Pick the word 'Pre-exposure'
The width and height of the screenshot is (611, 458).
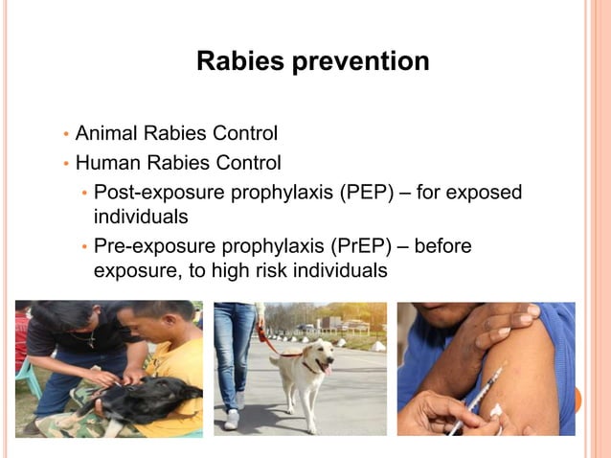[x=152, y=246]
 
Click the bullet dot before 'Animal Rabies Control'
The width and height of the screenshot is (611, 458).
[x=65, y=133]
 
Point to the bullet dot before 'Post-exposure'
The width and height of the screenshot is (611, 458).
[x=84, y=193]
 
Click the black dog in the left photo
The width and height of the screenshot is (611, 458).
[x=144, y=398]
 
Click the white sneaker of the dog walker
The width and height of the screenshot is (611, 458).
[x=232, y=420]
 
